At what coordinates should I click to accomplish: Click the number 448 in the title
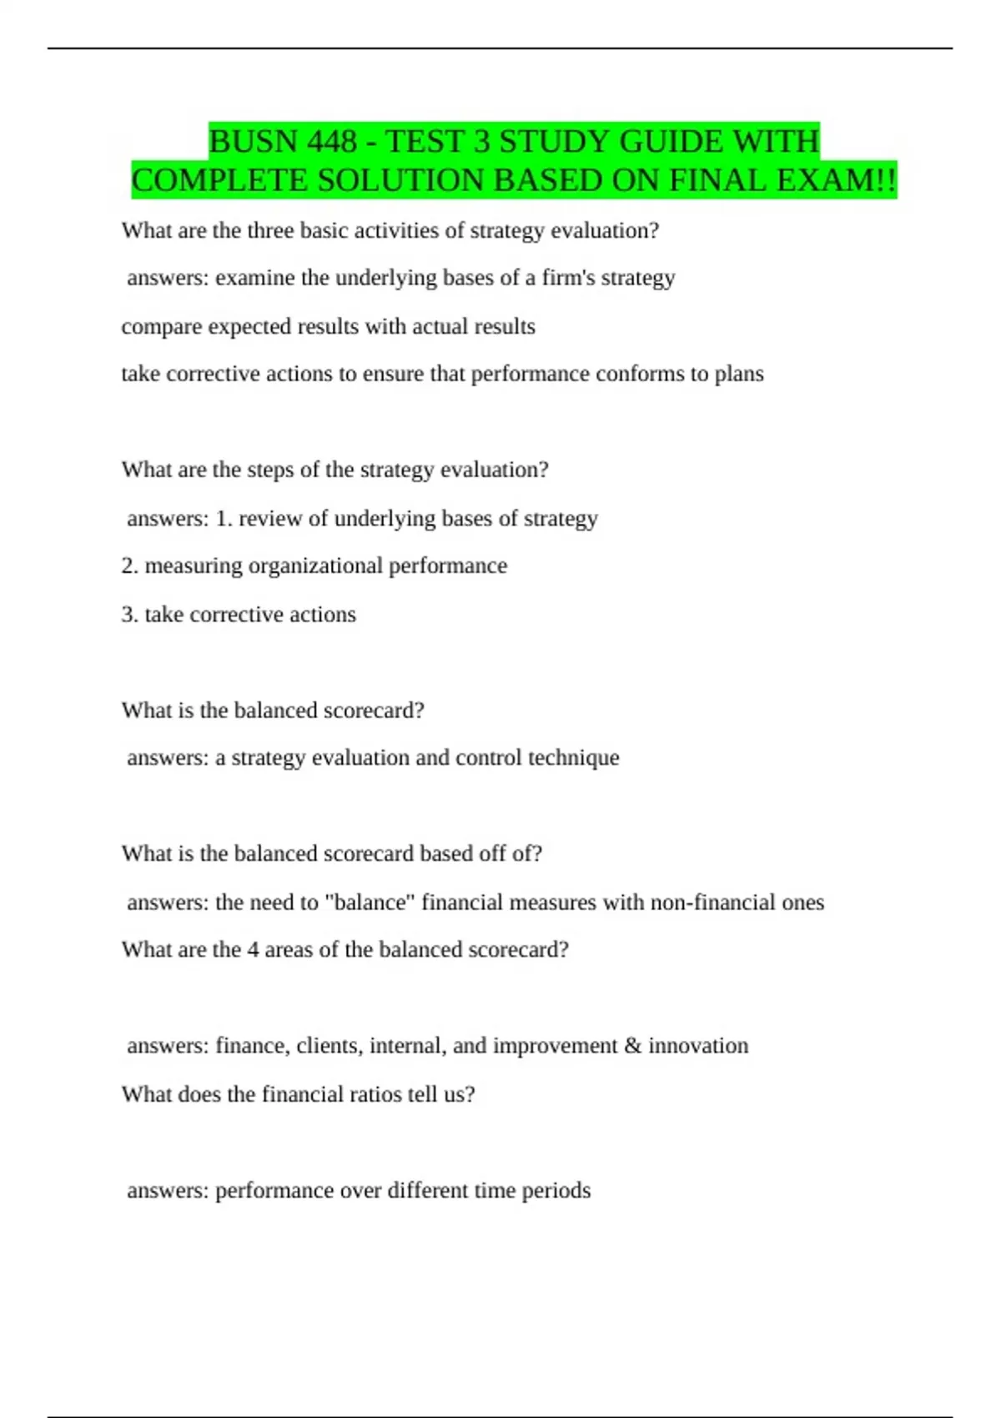point(332,142)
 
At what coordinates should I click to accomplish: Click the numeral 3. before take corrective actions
point(129,614)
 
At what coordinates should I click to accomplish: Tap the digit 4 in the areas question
point(253,950)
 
